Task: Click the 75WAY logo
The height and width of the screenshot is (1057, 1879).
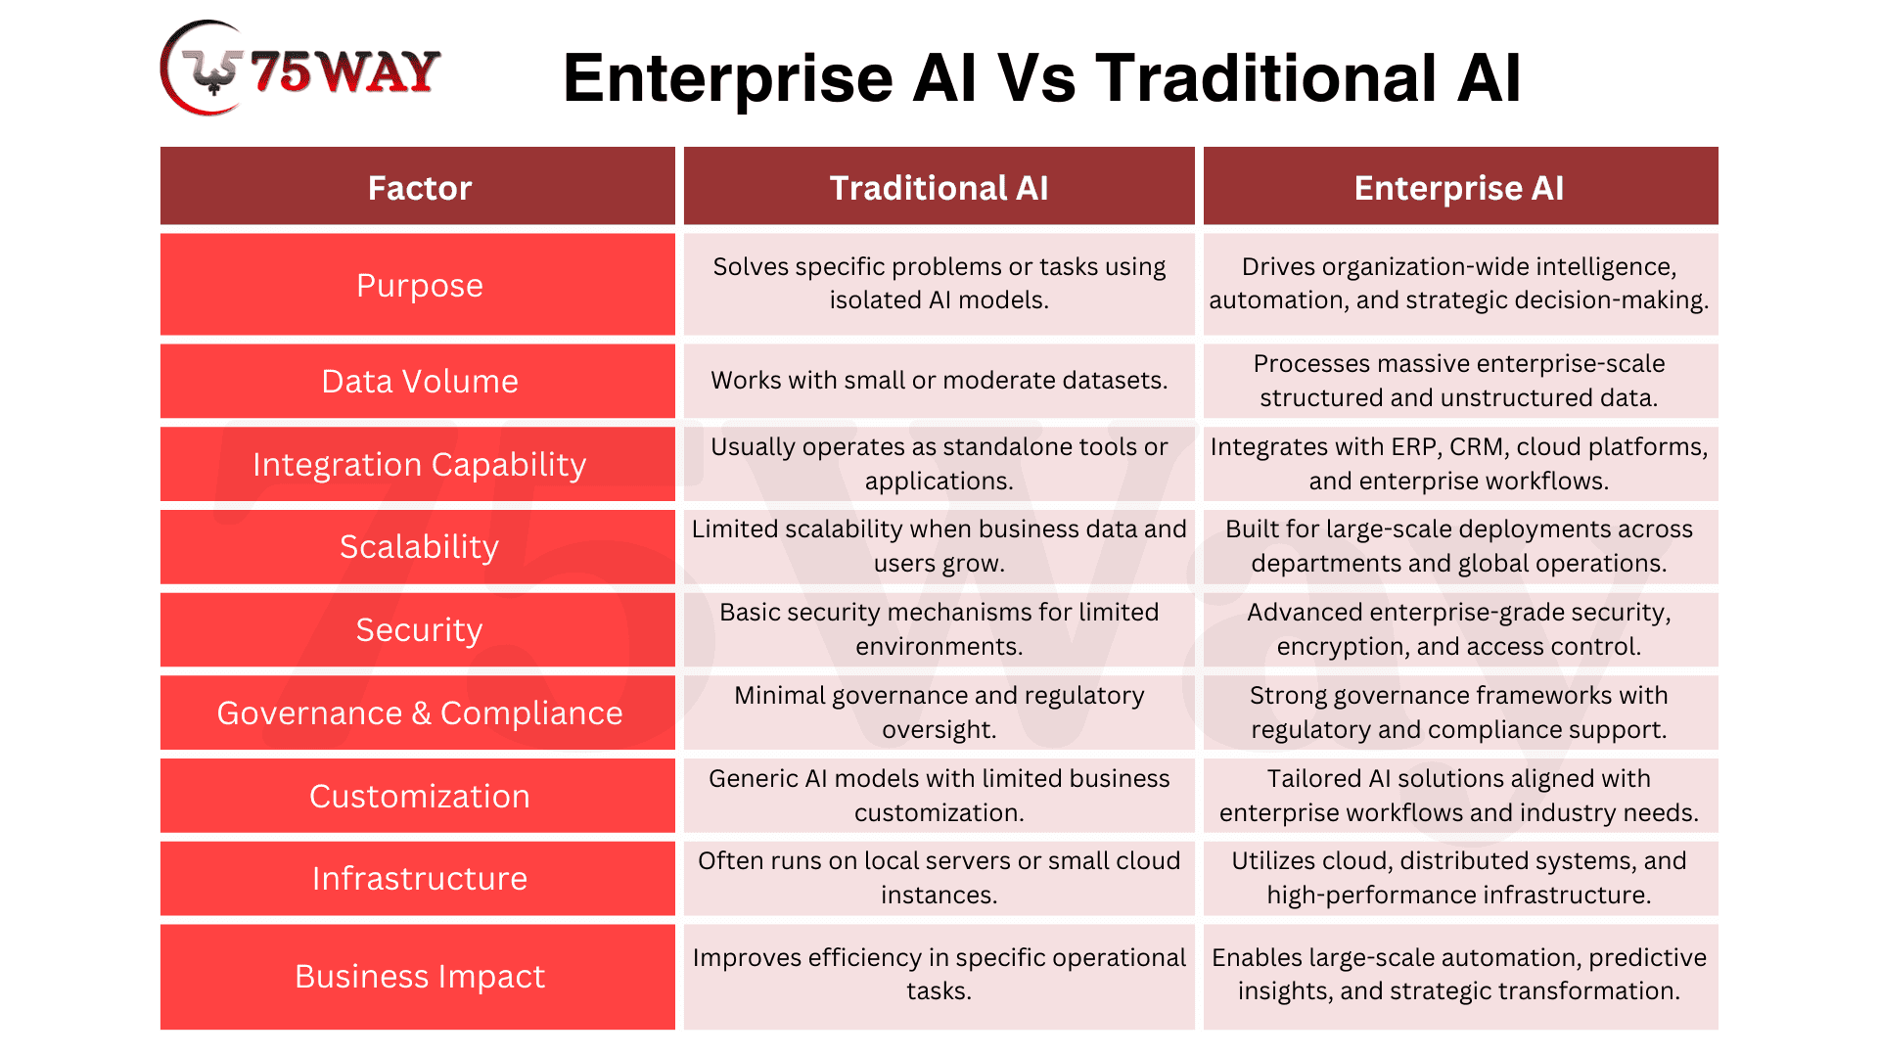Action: pyautogui.click(x=300, y=69)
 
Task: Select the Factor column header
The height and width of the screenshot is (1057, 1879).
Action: pyautogui.click(x=419, y=188)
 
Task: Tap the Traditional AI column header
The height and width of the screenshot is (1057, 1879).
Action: pyautogui.click(x=939, y=188)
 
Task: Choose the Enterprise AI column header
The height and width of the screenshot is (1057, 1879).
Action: pyautogui.click(x=1459, y=188)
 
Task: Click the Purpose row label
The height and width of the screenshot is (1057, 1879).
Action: pyautogui.click(x=419, y=285)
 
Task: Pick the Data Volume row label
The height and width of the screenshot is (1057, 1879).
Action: pyautogui.click(x=419, y=381)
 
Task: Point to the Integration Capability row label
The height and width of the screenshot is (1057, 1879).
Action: pyautogui.click(x=419, y=464)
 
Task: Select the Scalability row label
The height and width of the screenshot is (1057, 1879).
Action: pyautogui.click(x=419, y=546)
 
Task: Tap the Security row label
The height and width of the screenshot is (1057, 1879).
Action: pyautogui.click(x=419, y=629)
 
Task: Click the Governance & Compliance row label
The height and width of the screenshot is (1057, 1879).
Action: pyautogui.click(x=419, y=712)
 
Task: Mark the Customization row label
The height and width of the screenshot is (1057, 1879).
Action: pyautogui.click(x=419, y=796)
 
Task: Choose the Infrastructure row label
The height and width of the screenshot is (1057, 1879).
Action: pyautogui.click(x=419, y=878)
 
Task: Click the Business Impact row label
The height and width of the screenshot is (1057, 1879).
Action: pyautogui.click(x=419, y=976)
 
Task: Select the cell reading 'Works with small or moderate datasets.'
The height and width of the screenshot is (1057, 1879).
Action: pyautogui.click(x=939, y=380)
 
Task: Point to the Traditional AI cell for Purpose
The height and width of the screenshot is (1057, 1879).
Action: pyautogui.click(x=939, y=284)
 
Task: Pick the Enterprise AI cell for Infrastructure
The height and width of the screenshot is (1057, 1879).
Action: pyautogui.click(x=1460, y=878)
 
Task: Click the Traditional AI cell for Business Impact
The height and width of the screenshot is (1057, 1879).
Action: pyautogui.click(x=939, y=976)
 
